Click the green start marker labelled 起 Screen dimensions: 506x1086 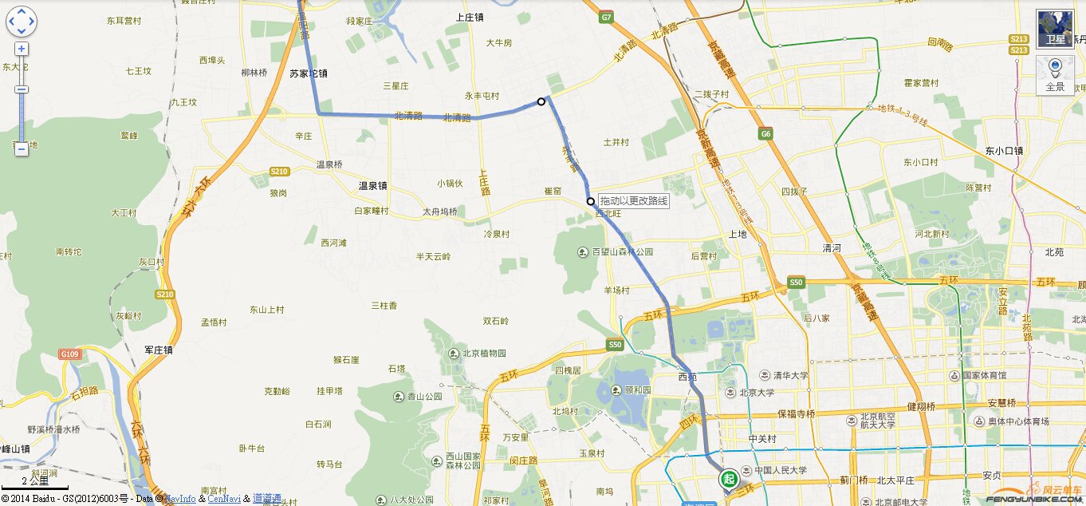pos(728,479)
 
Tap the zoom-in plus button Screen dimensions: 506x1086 pos(22,49)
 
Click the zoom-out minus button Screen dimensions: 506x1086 pos(22,148)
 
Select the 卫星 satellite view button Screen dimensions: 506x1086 pos(1055,29)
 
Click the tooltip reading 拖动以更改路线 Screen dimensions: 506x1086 pos(634,201)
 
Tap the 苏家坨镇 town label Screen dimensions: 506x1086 pos(309,73)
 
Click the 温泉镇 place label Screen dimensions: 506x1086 pos(372,186)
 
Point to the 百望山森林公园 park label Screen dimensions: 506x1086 pos(622,252)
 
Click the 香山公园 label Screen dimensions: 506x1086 pos(424,396)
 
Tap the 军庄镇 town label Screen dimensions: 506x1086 pos(159,350)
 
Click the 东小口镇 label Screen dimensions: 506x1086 pos(1004,149)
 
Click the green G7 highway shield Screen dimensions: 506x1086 pos(607,17)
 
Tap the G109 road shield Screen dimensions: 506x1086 pos(69,354)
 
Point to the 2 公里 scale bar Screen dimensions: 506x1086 pos(35,482)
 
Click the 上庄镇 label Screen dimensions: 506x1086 pos(470,17)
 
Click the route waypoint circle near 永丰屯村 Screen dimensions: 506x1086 pos(541,101)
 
